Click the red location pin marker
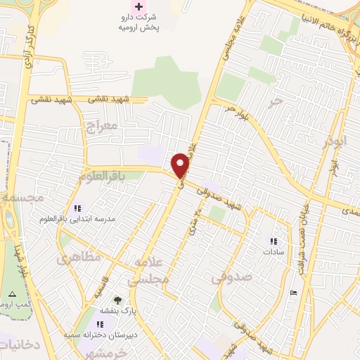tap(181, 165)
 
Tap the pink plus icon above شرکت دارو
tap(139, 6)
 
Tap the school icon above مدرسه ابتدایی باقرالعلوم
tap(78, 208)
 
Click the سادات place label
tap(273, 251)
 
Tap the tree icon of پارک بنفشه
tap(117, 300)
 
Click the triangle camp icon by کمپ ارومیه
tap(11, 293)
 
